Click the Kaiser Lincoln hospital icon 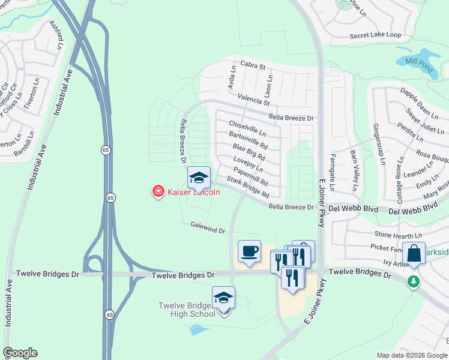click(x=158, y=191)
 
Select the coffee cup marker click(x=249, y=250)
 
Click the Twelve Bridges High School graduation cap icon click(x=223, y=297)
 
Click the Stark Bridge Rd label click(x=247, y=188)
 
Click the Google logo click(x=20, y=353)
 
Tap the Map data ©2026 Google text click(x=412, y=355)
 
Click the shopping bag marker click(x=413, y=253)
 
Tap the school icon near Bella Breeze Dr click(x=199, y=177)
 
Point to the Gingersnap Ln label click(x=377, y=143)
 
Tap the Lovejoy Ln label click(x=248, y=166)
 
